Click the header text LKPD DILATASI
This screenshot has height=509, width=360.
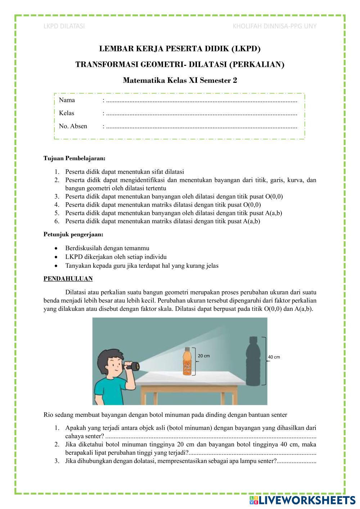64,26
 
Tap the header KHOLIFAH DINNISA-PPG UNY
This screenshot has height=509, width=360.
275,26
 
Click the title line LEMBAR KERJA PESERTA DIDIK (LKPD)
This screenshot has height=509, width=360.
180,49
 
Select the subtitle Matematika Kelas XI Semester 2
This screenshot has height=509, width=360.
180,80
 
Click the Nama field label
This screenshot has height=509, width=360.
67,100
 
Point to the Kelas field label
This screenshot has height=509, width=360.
67,113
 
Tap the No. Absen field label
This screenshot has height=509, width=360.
73,126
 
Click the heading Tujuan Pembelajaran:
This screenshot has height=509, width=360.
75,158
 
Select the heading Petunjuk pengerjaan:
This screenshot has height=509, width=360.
73,234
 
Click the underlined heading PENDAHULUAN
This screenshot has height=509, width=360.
68,279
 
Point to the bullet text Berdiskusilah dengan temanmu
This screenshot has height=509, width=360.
107,248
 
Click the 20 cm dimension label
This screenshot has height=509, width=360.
204,356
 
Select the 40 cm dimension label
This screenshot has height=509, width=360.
274,357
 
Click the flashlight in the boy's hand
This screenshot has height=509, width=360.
136,367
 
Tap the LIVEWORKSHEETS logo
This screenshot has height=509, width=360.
302,500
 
